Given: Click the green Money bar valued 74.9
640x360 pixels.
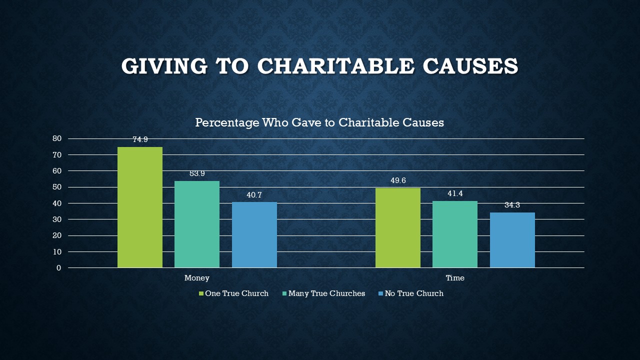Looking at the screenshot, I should coord(140,207).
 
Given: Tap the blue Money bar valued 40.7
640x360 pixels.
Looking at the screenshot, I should coord(254,234).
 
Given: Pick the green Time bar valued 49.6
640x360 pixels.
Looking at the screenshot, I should coord(398,227).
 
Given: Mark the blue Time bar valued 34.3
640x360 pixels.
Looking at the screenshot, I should coord(512,240).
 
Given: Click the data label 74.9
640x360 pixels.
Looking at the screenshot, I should coord(140,140).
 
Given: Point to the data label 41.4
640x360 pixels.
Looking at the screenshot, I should coord(455,193).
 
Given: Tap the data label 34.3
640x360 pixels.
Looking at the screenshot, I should coord(512,205).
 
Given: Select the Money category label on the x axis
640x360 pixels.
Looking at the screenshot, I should coord(197,278).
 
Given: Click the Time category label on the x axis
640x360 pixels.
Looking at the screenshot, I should coord(455,278).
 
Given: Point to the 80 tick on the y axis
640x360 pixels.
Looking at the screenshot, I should coord(57,138).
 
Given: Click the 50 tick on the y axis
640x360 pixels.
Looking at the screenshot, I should coord(57,187).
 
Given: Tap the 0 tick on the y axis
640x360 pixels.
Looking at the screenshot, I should coord(59,268).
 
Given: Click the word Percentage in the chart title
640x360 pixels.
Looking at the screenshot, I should coord(227,122).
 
